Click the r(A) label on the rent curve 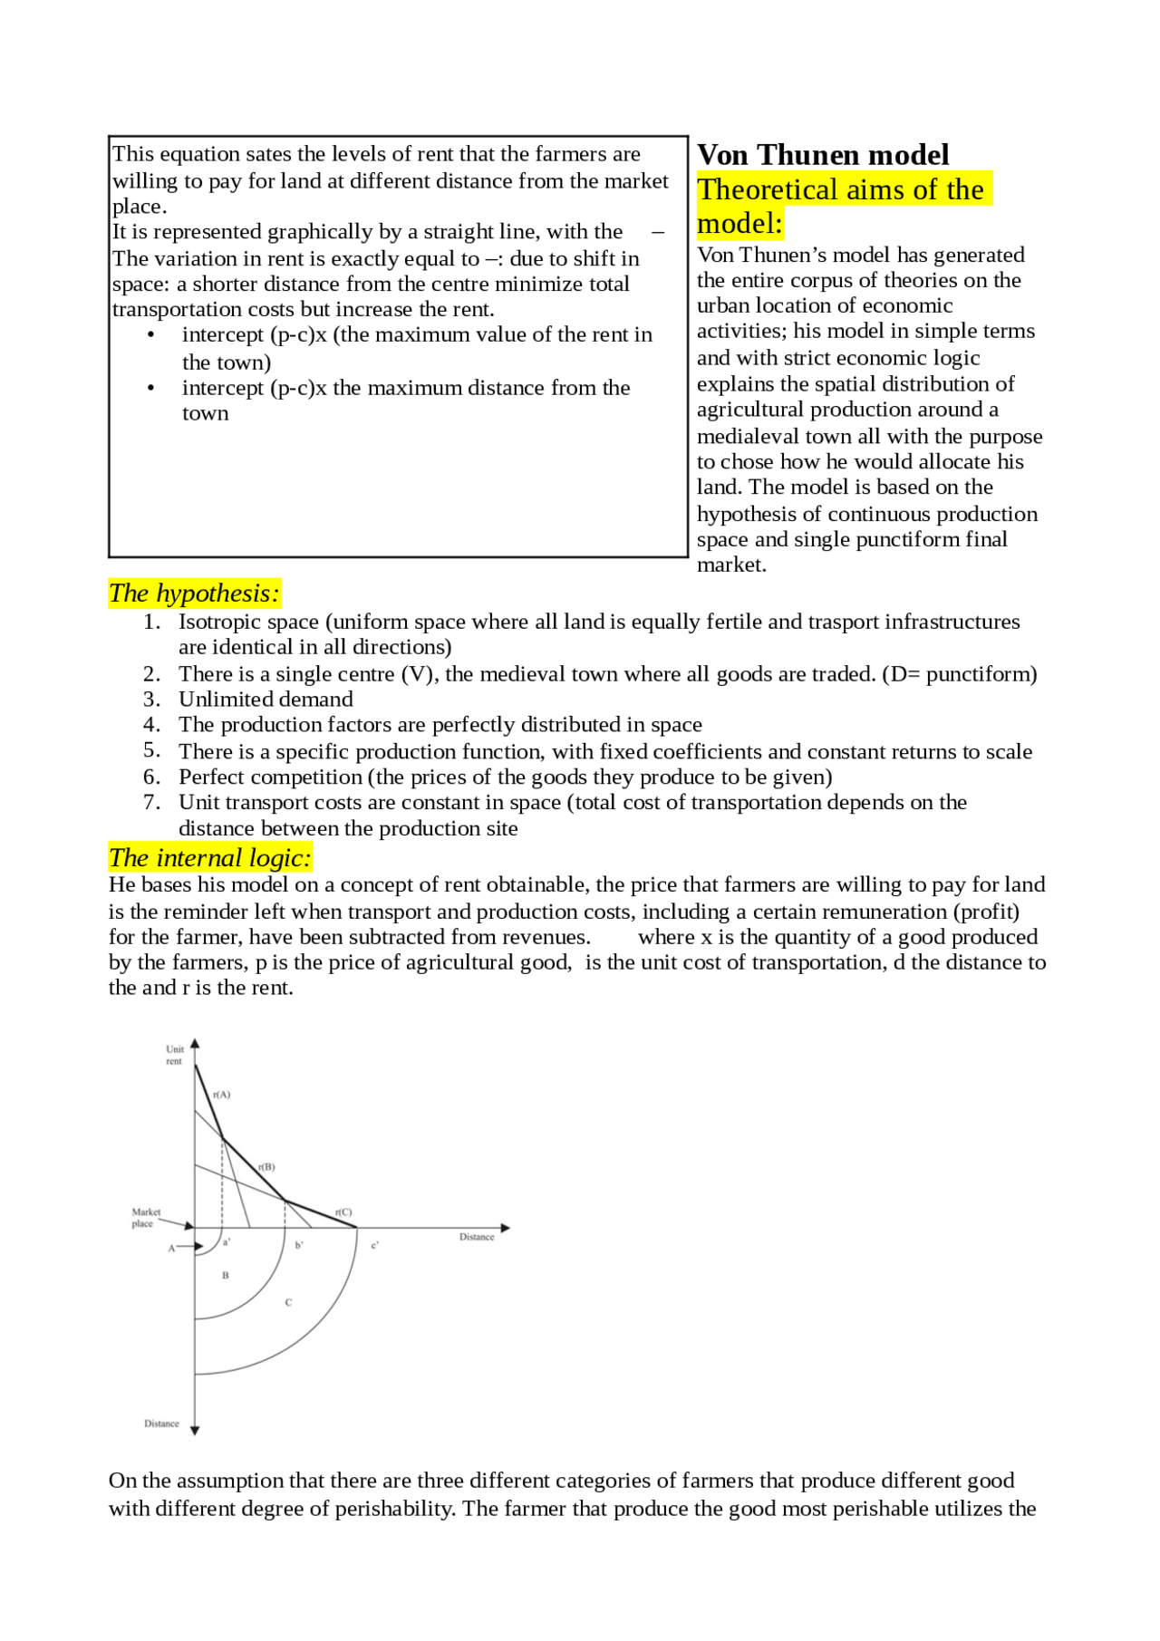pyautogui.click(x=222, y=1095)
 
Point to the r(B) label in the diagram pyautogui.click(x=266, y=1167)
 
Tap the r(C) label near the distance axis pyautogui.click(x=343, y=1211)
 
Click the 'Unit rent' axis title pyautogui.click(x=174, y=1055)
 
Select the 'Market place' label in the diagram pyautogui.click(x=145, y=1217)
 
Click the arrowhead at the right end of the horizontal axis pyautogui.click(x=506, y=1228)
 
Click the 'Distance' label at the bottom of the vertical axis pyautogui.click(x=161, y=1424)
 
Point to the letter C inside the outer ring pyautogui.click(x=288, y=1302)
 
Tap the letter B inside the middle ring pyautogui.click(x=226, y=1275)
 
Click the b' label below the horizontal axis pyautogui.click(x=299, y=1245)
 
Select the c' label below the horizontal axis pyautogui.click(x=374, y=1245)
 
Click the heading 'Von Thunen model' pyautogui.click(x=822, y=155)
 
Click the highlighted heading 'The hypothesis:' pyautogui.click(x=194, y=594)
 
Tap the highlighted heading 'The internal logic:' pyautogui.click(x=209, y=857)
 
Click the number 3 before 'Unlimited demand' pyautogui.click(x=151, y=699)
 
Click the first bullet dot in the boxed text pyautogui.click(x=150, y=335)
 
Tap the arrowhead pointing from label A pyautogui.click(x=198, y=1247)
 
